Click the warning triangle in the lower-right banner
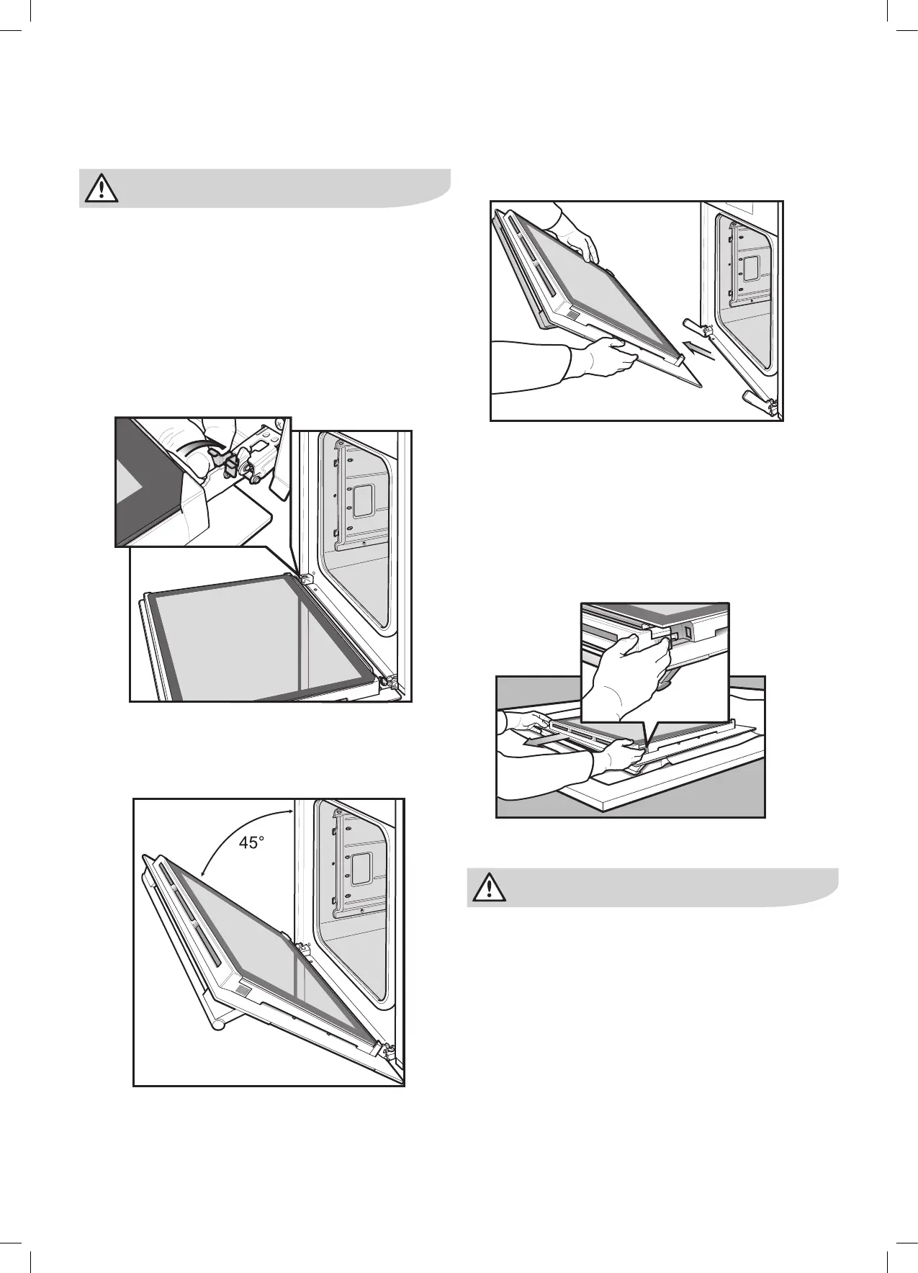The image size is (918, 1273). click(490, 888)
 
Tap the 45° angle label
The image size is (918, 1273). click(251, 842)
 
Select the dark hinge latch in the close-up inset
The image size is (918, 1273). click(231, 464)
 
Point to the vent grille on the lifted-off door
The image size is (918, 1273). click(571, 315)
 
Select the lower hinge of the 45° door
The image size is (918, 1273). click(390, 1052)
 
